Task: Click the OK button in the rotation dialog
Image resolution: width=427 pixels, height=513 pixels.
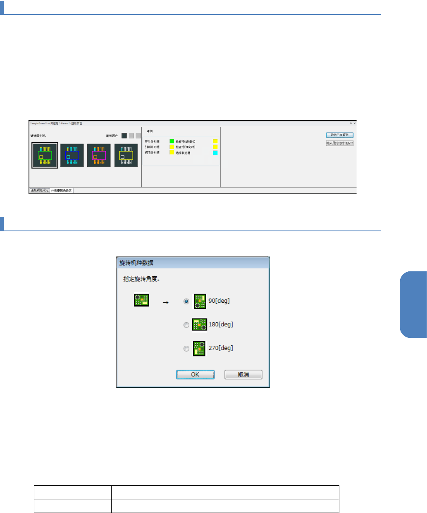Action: point(195,375)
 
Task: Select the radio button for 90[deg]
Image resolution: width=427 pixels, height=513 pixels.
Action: point(186,302)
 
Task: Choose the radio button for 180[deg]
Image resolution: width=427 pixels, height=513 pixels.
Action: point(186,325)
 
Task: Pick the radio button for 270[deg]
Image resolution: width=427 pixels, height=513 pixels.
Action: point(186,349)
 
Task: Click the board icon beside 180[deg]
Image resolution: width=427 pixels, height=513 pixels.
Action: point(200,325)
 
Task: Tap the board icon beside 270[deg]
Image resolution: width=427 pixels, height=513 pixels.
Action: point(200,348)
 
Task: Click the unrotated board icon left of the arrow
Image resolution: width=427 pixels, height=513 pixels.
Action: point(141,300)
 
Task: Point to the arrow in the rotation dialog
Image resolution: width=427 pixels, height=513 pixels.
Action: point(166,302)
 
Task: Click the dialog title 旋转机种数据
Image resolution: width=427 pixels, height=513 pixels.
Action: point(136,263)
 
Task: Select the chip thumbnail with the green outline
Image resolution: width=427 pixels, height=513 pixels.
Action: point(45,155)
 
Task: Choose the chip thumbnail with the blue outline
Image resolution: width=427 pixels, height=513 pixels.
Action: point(72,155)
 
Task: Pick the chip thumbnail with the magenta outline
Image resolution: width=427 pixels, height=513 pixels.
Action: point(99,155)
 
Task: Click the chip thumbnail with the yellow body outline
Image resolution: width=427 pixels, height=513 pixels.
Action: point(126,155)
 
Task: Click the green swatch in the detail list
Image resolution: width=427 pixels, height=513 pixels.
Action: point(172,141)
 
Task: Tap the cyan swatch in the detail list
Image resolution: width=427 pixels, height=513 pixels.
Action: point(215,153)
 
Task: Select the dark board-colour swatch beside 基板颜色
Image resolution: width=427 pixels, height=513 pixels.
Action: point(124,135)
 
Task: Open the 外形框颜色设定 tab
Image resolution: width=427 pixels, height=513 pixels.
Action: point(62,190)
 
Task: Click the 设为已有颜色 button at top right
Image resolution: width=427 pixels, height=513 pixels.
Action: point(339,135)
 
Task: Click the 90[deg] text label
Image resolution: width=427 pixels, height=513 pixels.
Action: point(219,301)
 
